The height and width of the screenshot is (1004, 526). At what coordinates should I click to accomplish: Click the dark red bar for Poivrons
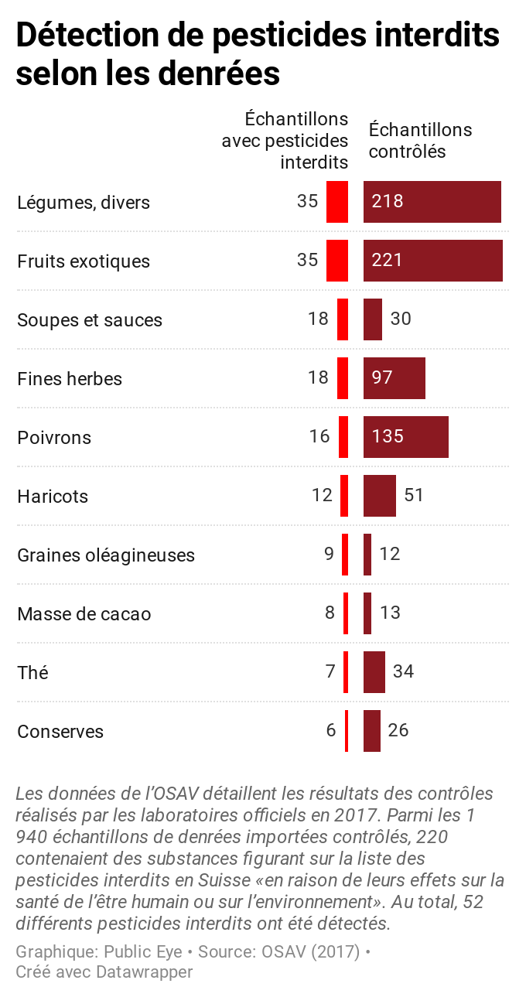click(405, 437)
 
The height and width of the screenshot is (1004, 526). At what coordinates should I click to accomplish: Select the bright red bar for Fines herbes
click(343, 378)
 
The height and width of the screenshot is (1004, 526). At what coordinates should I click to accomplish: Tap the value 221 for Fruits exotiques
click(387, 260)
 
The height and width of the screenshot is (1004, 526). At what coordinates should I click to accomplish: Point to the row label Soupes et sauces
click(90, 320)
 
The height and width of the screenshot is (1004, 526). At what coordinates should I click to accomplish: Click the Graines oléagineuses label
click(106, 555)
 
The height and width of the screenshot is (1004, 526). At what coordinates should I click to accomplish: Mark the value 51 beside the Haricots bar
click(414, 495)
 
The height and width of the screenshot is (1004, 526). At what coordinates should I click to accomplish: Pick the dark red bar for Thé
click(374, 672)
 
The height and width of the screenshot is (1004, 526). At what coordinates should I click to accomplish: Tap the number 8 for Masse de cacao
click(330, 613)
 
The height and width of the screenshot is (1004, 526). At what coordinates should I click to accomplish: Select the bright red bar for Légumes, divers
click(337, 202)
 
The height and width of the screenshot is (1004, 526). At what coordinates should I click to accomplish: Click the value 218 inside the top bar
click(387, 201)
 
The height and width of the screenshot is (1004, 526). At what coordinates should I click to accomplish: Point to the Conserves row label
click(60, 732)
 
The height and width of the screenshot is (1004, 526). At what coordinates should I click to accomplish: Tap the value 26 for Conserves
click(398, 730)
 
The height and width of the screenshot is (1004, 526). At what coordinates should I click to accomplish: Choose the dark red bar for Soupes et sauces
click(373, 319)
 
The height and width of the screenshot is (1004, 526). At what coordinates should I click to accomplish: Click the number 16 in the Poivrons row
click(319, 436)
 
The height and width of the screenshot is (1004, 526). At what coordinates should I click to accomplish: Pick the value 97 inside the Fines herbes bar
click(382, 377)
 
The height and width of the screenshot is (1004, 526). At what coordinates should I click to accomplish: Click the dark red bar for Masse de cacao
click(367, 613)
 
